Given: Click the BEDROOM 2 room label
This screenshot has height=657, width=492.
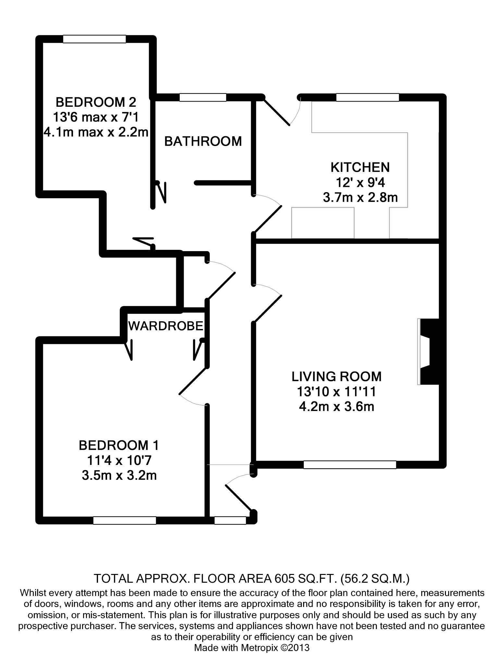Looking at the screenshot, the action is point(96,102).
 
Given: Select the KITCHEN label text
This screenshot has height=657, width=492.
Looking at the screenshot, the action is point(360,167).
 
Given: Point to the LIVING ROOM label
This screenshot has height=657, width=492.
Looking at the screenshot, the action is point(337,377).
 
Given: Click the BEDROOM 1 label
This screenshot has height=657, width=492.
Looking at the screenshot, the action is point(119,445).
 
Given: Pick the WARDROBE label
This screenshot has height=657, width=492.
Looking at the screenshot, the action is point(166,326).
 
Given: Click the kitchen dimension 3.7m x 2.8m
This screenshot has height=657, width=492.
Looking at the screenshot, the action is point(360,197).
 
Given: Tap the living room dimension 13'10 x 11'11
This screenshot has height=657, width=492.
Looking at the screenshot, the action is point(337,392).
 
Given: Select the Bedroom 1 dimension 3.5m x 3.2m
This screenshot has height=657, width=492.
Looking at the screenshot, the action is point(119,475).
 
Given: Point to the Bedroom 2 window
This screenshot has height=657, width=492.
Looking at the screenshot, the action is point(94,39).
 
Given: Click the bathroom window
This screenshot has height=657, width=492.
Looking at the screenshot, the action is point(203,97).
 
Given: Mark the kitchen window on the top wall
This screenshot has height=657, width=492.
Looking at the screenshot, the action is point(367,97).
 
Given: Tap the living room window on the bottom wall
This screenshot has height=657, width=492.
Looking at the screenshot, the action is point(350,465).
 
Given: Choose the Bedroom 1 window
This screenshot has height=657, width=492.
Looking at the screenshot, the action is point(125,520).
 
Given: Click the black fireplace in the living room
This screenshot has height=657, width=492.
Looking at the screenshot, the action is point(430,352).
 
